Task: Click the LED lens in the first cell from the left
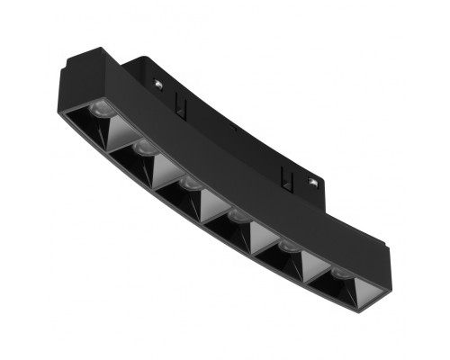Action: pyautogui.click(x=102, y=110)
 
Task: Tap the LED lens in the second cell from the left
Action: pyautogui.click(x=143, y=145)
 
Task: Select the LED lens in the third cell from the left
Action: pyautogui.click(x=188, y=182)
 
